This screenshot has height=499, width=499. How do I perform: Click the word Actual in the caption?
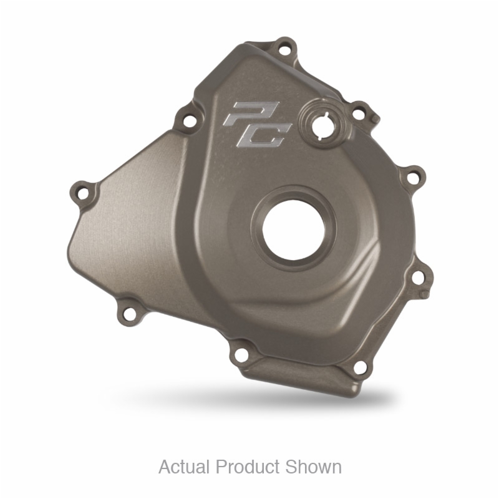pyautogui.click(x=185, y=467)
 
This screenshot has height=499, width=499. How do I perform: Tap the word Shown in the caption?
pyautogui.click(x=313, y=467)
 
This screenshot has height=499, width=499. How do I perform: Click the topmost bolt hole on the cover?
pyautogui.click(x=284, y=49)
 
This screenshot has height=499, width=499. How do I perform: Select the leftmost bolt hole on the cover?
pyautogui.click(x=83, y=193)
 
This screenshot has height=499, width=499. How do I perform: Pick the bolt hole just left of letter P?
pyautogui.click(x=189, y=120)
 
